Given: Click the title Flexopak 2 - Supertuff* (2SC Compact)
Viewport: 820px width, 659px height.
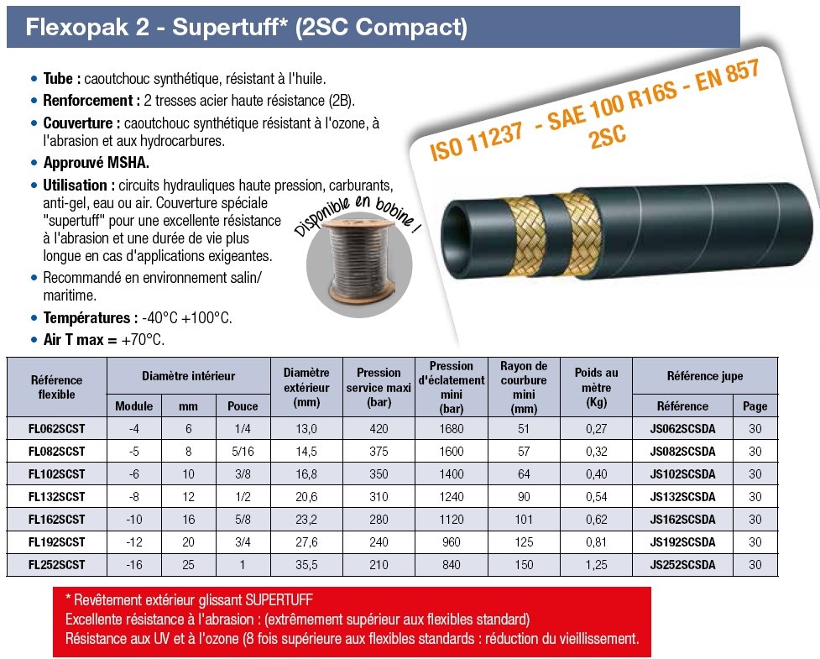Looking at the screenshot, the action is click(246, 27).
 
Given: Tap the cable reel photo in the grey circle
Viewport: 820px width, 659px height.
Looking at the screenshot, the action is click(359, 265).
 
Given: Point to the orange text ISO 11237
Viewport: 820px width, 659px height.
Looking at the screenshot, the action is click(477, 141).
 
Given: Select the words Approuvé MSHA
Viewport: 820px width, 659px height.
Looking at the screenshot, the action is click(97, 163).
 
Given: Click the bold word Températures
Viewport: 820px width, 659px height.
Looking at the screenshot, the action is click(86, 318).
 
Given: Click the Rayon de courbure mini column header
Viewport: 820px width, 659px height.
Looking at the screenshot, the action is click(524, 387).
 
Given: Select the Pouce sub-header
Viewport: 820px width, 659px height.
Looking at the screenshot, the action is click(243, 405).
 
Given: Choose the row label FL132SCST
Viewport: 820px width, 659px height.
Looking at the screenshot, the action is click(56, 497).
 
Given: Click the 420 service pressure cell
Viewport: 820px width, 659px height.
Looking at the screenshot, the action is click(379, 429).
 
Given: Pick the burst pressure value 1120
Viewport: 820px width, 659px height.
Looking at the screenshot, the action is click(452, 520).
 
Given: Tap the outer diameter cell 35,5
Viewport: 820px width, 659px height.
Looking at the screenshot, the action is click(306, 565).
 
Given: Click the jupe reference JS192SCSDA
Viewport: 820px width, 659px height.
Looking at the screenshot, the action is click(682, 542).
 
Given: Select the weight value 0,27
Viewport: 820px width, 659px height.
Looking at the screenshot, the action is click(596, 429).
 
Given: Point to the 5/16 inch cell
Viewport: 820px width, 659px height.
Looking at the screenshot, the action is click(243, 452).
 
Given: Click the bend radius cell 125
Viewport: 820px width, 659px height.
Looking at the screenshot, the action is click(524, 542).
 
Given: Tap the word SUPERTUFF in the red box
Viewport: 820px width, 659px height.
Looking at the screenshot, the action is click(279, 600).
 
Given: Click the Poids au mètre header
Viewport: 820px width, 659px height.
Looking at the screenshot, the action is click(596, 387).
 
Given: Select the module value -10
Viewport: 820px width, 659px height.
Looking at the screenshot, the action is click(134, 520).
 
